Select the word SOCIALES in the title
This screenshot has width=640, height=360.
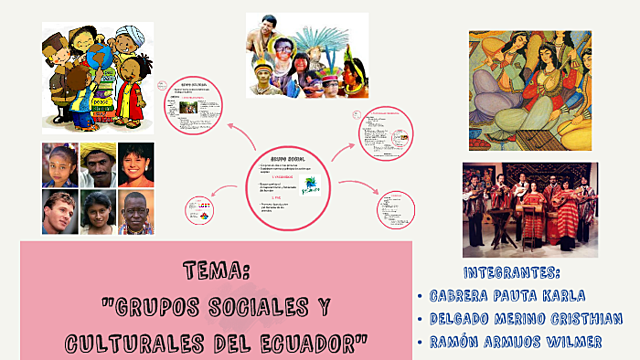[x=262, y=306]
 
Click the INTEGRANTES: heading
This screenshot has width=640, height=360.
[x=512, y=272]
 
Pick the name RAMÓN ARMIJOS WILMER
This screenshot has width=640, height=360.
[x=514, y=342]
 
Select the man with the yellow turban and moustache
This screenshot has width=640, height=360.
[x=98, y=166]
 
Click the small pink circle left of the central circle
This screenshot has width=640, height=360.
[x=198, y=213]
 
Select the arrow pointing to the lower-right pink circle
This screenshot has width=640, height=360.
[x=357, y=187]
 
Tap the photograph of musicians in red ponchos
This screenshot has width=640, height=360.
[x=529, y=209]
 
